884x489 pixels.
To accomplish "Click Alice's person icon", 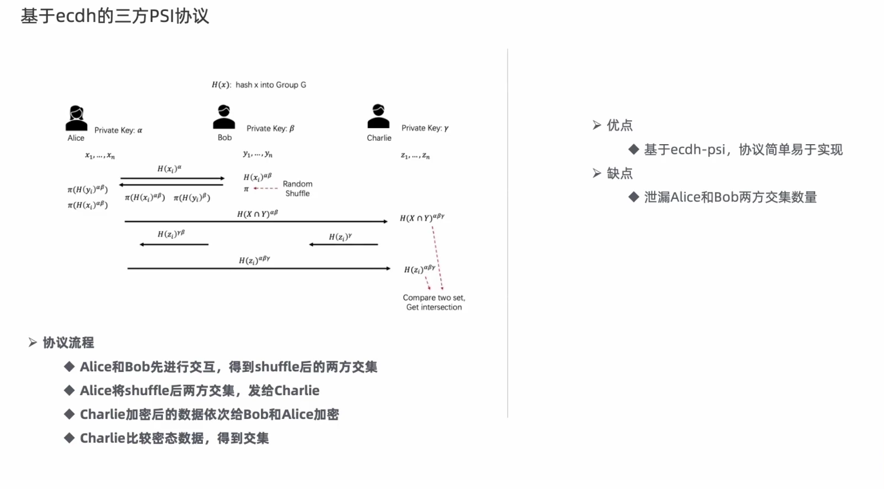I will click(76, 118).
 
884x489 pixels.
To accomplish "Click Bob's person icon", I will click(224, 118).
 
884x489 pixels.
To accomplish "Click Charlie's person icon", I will click(378, 118).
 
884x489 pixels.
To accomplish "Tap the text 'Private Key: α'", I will click(118, 130).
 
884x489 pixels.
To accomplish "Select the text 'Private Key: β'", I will click(270, 129).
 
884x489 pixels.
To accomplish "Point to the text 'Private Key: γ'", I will click(425, 128).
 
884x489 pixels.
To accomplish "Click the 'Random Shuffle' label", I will click(297, 189).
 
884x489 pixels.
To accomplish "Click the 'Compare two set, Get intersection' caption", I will click(434, 302).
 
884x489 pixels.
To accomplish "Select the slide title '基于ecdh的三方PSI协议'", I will click(115, 16).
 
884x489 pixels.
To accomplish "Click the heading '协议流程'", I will click(68, 343).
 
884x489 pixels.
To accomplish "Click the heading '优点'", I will click(619, 125).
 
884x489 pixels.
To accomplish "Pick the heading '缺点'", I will click(619, 174).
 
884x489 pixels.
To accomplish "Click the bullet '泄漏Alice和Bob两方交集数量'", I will click(730, 198).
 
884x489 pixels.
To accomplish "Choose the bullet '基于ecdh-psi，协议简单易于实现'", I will click(743, 150).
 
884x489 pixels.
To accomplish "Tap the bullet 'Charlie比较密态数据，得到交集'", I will click(174, 438).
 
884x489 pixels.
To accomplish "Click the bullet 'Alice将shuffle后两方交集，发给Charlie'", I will click(199, 391).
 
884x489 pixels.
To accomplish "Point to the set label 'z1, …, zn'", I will click(415, 155).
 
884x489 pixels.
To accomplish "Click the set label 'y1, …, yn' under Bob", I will click(258, 154).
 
